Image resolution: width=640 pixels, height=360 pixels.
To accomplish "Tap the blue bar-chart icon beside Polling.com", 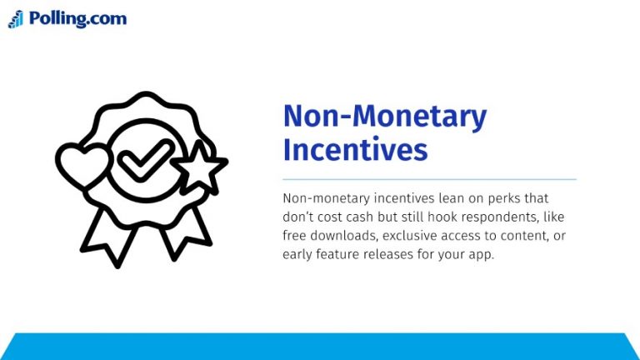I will pyautogui.click(x=16, y=19).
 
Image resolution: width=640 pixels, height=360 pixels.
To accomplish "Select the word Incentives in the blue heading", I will pyautogui.click(x=355, y=150).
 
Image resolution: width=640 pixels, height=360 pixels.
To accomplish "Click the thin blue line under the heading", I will pyautogui.click(x=429, y=179).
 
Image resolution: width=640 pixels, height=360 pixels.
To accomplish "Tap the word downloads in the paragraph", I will pyautogui.click(x=343, y=236).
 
